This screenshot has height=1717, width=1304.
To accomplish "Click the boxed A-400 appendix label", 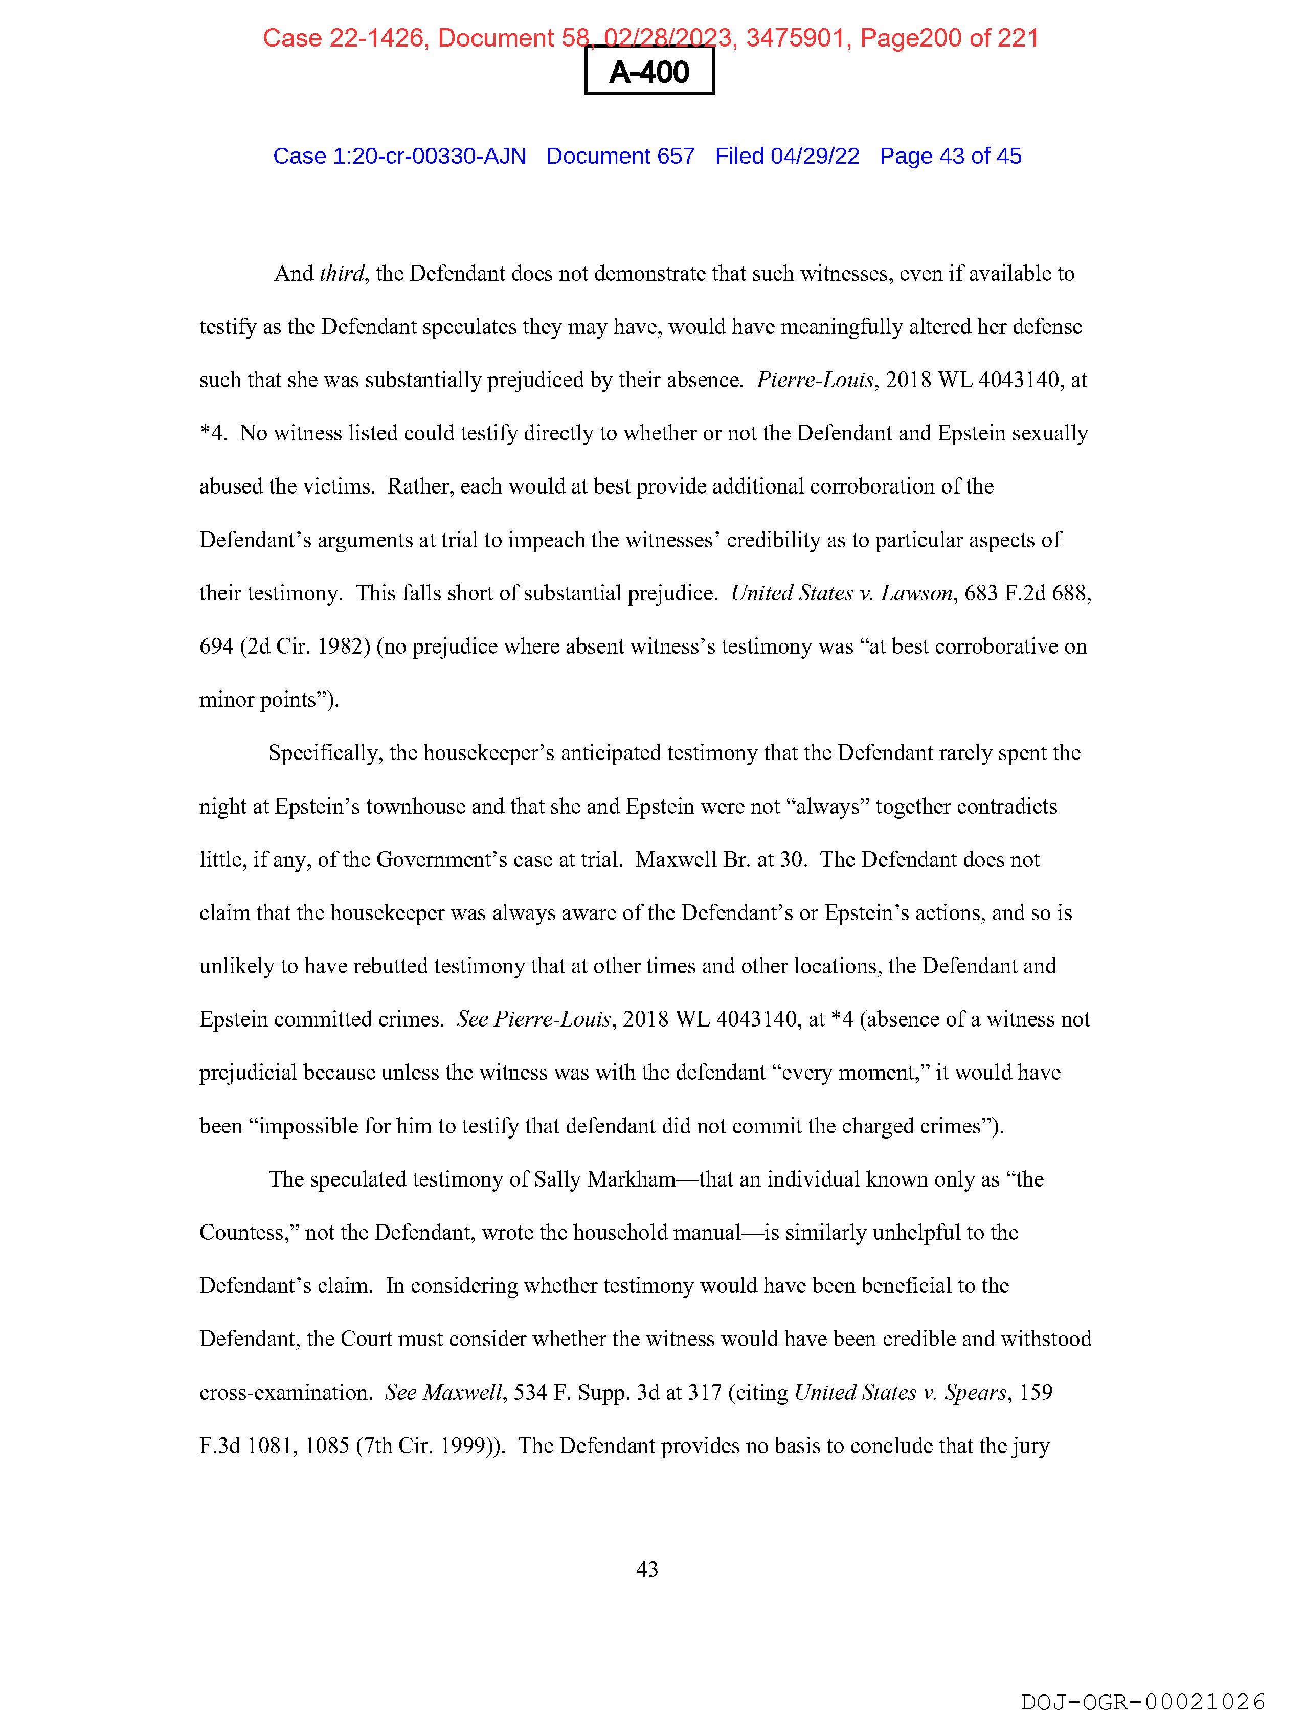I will pos(649,72).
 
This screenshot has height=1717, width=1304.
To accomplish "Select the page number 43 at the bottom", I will pos(646,1570).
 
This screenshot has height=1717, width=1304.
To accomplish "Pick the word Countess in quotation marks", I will pos(247,1233).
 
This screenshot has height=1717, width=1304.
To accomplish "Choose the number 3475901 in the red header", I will pos(795,37).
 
